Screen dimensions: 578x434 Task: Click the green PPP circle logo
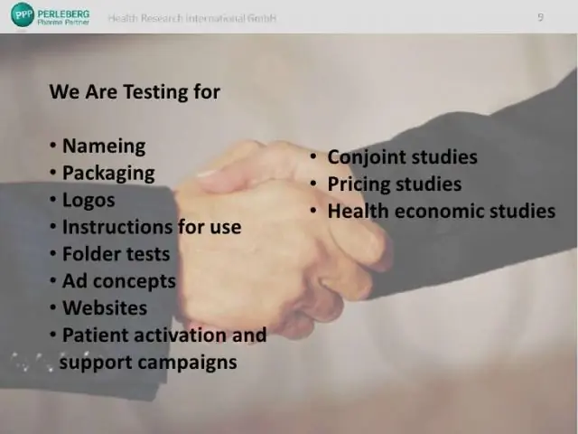[x=23, y=14]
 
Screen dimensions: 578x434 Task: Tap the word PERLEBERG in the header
[x=63, y=14]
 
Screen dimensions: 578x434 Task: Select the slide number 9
[x=540, y=17]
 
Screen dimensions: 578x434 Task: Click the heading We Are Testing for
[x=135, y=91]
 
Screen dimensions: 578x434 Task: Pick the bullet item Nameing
[x=104, y=146]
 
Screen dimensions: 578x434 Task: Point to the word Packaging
[x=108, y=174]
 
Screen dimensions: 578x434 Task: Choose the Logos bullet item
[x=89, y=201]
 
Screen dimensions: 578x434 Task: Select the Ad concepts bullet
[x=119, y=281]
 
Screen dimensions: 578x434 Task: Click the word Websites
[x=105, y=307]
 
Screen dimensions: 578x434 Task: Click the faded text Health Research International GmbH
[x=192, y=18]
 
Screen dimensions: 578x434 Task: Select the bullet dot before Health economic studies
[x=313, y=211]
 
